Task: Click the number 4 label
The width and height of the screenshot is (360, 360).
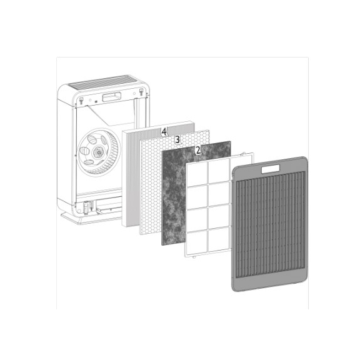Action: pyautogui.click(x=164, y=131)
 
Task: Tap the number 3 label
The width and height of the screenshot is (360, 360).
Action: pyautogui.click(x=177, y=140)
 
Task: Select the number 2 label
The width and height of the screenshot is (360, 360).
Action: pyautogui.click(x=198, y=151)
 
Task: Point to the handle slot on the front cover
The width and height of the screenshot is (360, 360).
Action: pyautogui.click(x=272, y=167)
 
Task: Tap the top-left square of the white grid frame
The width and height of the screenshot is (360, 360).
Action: pyautogui.click(x=199, y=174)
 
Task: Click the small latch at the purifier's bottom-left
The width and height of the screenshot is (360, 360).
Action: pyautogui.click(x=82, y=208)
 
